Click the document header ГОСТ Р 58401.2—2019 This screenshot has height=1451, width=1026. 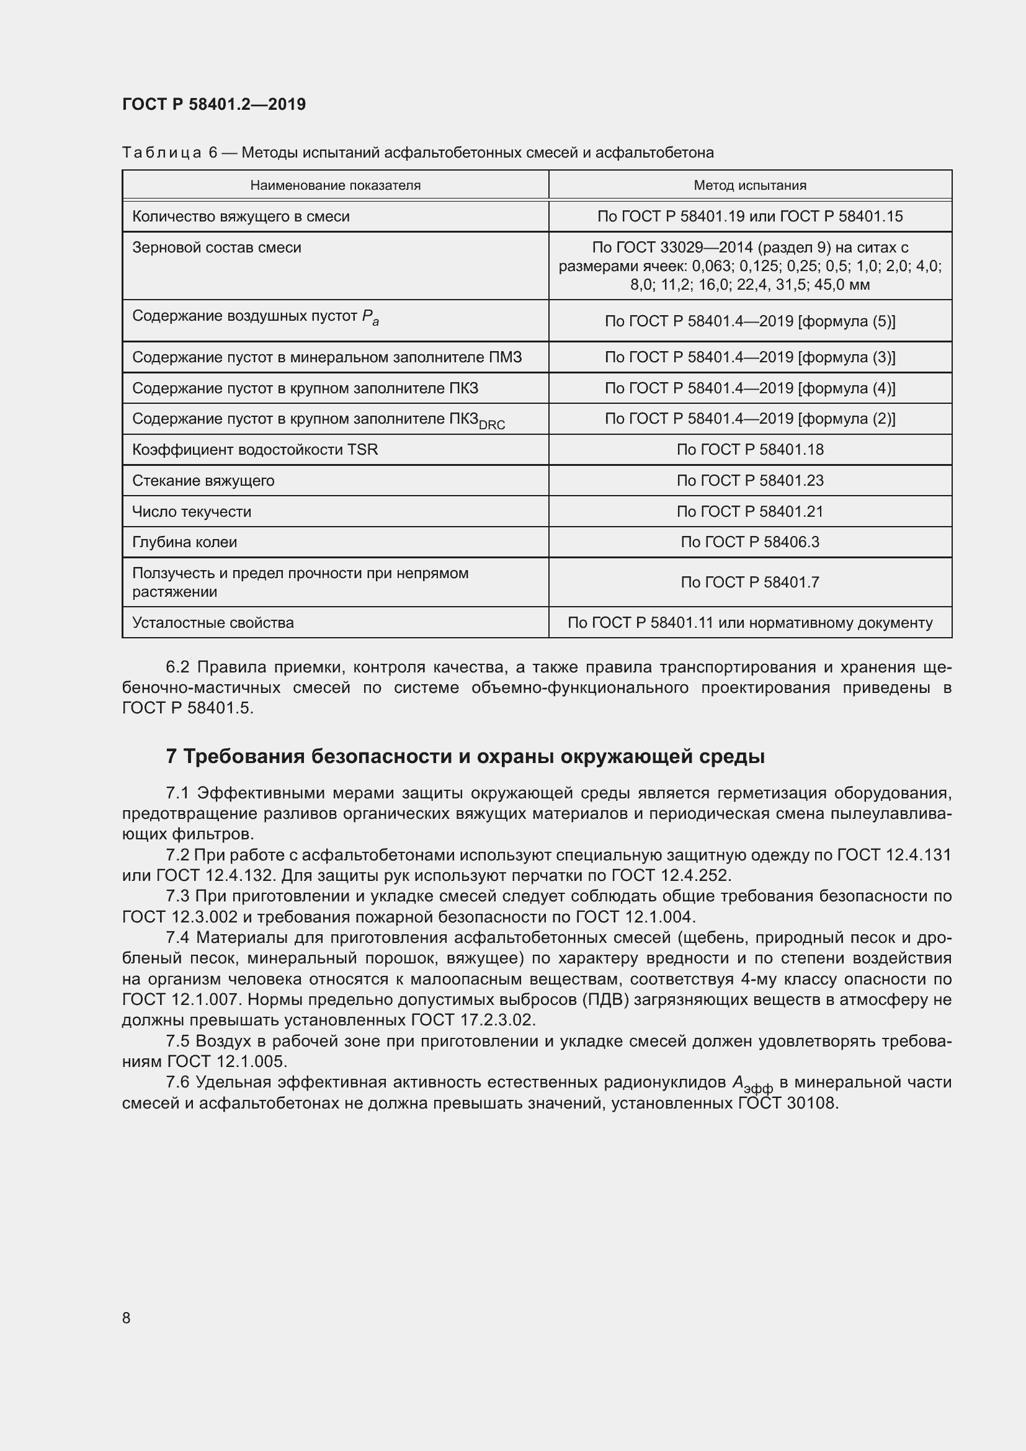coord(213,104)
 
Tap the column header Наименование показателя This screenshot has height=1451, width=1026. coord(335,185)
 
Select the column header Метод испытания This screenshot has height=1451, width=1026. coord(750,185)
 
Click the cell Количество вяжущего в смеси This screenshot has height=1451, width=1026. coord(241,217)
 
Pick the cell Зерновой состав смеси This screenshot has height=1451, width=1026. coord(216,248)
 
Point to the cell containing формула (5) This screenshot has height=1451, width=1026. coord(750,321)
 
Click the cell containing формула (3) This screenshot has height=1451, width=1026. coord(750,358)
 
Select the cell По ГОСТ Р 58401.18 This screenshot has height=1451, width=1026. coord(750,450)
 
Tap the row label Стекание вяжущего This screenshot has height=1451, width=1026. coord(203,481)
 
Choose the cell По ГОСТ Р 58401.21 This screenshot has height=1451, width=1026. coord(750,511)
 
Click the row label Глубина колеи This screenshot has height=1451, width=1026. coord(184,542)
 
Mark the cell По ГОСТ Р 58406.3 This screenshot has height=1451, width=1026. coord(750,542)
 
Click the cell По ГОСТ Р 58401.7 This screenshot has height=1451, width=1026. coord(750,582)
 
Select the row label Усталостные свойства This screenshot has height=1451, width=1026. coord(213,623)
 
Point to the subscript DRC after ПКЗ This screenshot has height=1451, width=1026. coord(491,426)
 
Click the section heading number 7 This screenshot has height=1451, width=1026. coord(171,756)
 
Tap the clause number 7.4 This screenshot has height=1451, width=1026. coord(177,938)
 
